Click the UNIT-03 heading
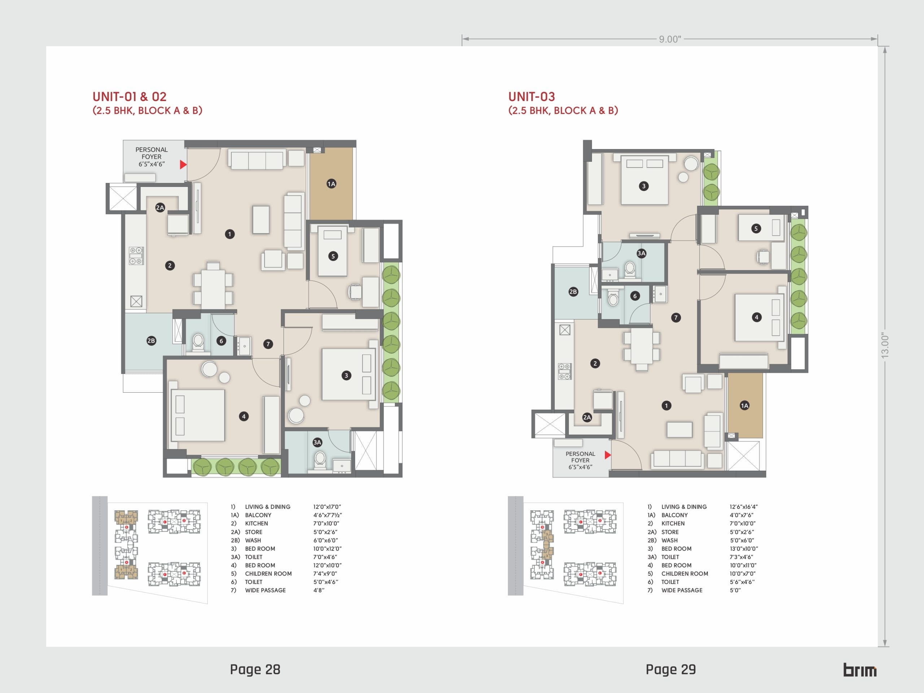[531, 96]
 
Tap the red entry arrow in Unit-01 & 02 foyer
[183, 165]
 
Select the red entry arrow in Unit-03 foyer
[608, 454]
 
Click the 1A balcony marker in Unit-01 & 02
[331, 184]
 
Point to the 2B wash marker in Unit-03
[573, 292]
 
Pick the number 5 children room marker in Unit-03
[756, 228]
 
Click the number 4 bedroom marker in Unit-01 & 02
[244, 416]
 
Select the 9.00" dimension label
[670, 39]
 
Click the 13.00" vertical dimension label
[885, 345]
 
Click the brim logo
[860, 670]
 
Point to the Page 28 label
[255, 669]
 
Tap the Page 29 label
[671, 669]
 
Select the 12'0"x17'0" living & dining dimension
[327, 507]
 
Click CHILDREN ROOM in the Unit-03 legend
[685, 574]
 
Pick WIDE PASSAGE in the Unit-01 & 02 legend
[265, 590]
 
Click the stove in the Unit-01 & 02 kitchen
[136, 256]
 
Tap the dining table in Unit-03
[642, 346]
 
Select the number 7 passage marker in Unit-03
[676, 318]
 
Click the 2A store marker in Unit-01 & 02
[160, 208]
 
